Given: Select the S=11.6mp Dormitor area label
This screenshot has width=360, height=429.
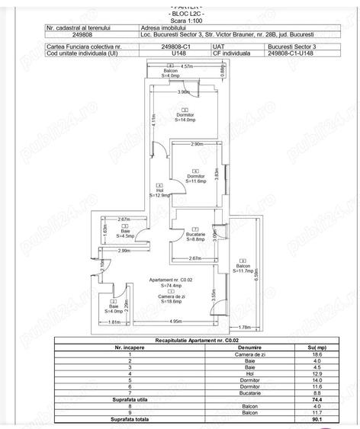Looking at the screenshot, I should [x=197, y=181].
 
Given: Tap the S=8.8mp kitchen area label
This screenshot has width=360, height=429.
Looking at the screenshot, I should [x=197, y=239].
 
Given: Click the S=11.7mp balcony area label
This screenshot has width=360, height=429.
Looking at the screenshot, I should [x=243, y=271].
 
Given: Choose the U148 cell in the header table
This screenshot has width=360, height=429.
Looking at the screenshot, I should [x=180, y=53].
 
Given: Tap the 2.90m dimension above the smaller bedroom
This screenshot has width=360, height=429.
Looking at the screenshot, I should [x=196, y=144].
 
